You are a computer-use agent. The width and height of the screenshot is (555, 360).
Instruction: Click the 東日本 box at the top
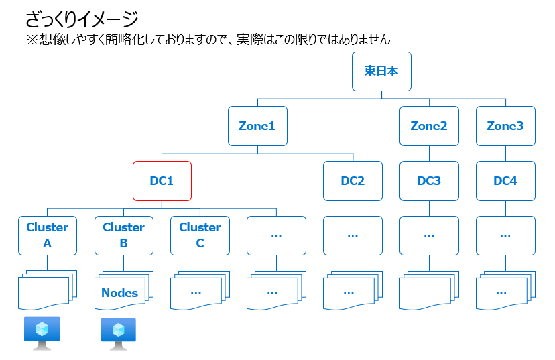click(x=381, y=71)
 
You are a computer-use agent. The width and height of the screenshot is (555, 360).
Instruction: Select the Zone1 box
click(x=257, y=126)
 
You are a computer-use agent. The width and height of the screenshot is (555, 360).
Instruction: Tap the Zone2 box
click(x=429, y=126)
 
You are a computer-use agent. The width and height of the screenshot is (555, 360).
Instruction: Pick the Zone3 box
click(x=505, y=126)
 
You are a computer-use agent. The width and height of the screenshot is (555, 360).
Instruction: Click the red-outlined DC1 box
click(x=162, y=181)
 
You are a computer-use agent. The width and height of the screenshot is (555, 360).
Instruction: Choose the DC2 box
click(x=353, y=181)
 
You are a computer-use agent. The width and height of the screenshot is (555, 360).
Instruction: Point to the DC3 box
click(x=429, y=181)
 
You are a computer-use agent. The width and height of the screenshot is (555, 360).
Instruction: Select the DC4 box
click(x=505, y=181)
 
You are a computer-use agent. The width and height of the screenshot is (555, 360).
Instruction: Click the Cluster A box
click(x=48, y=235)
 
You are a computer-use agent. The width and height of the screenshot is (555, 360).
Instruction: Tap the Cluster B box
click(x=124, y=235)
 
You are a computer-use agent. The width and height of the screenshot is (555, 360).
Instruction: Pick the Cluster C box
click(x=200, y=235)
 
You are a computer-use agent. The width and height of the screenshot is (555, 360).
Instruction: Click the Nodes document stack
click(x=124, y=291)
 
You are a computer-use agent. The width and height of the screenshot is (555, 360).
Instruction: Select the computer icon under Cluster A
click(x=42, y=333)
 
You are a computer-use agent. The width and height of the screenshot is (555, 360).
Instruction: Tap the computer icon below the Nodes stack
click(x=119, y=334)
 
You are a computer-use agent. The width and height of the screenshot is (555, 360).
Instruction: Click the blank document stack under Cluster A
click(x=48, y=291)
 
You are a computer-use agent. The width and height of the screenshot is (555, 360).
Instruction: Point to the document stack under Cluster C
click(x=200, y=291)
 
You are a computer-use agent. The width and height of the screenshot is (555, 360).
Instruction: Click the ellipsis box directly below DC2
click(x=353, y=235)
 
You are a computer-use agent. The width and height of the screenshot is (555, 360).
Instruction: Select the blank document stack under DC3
click(x=429, y=291)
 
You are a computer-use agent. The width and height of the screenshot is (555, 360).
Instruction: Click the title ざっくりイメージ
click(x=82, y=19)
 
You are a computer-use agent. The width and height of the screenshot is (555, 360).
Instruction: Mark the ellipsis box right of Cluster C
click(x=276, y=235)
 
